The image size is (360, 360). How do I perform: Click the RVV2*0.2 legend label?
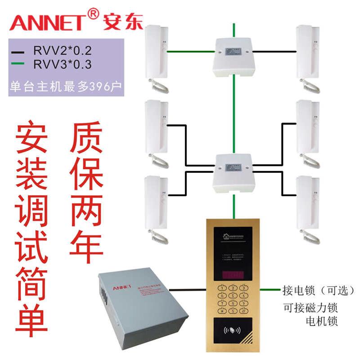tap(63, 50)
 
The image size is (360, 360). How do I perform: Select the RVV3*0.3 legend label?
tap(63, 65)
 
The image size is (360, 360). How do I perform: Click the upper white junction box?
tap(233, 56)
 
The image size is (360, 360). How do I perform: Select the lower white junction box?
tap(233, 172)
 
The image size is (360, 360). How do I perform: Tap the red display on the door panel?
tap(233, 274)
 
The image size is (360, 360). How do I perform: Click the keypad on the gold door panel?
tap(233, 299)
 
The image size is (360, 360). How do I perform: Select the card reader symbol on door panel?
tap(233, 329)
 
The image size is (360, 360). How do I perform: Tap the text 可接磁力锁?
tap(310, 308)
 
